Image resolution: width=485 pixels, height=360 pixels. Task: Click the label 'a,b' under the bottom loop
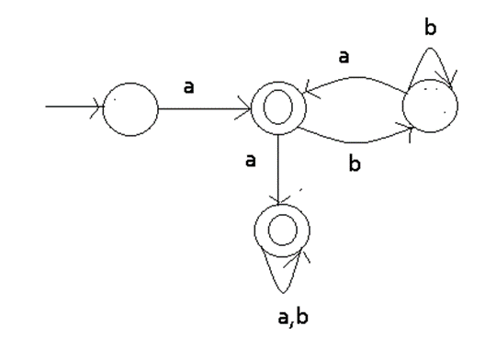pyautogui.click(x=293, y=318)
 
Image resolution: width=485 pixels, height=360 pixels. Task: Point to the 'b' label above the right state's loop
pyautogui.click(x=430, y=28)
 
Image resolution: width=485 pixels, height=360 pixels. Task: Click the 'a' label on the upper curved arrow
pyautogui.click(x=344, y=57)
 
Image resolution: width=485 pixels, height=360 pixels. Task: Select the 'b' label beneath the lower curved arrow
pyautogui.click(x=355, y=163)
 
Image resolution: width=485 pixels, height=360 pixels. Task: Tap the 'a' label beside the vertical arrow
pyautogui.click(x=251, y=161)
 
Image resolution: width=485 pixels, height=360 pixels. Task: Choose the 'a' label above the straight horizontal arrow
pyautogui.click(x=189, y=87)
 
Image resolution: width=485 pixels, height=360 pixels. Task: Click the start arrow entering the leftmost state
pyautogui.click(x=74, y=107)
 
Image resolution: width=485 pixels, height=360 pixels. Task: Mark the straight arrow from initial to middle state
pyautogui.click(x=205, y=108)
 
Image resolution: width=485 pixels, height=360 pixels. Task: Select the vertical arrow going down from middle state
pyautogui.click(x=278, y=170)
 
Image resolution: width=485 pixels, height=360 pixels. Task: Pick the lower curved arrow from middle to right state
pyautogui.click(x=355, y=142)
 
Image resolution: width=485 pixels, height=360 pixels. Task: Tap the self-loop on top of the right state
pyautogui.click(x=430, y=48)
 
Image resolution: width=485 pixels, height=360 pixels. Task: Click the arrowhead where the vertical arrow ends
pyautogui.click(x=278, y=204)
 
